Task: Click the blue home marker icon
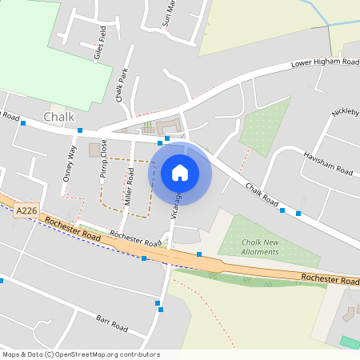180,172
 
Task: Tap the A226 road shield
26,210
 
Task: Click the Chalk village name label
59,117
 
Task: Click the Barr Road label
112,323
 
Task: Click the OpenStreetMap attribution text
81,354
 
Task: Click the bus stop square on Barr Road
160,309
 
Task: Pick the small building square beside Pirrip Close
94,150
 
